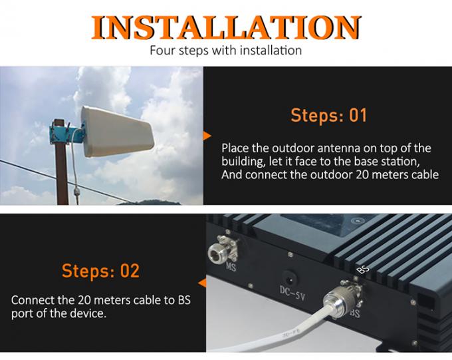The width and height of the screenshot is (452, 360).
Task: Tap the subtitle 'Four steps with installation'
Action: tap(225, 50)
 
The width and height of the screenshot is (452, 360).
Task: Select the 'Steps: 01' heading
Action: tap(328, 115)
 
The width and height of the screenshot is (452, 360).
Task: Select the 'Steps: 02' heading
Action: tap(100, 271)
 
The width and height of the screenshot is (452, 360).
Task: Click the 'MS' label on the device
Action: tap(231, 268)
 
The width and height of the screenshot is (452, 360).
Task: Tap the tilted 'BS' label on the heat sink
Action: tap(363, 270)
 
